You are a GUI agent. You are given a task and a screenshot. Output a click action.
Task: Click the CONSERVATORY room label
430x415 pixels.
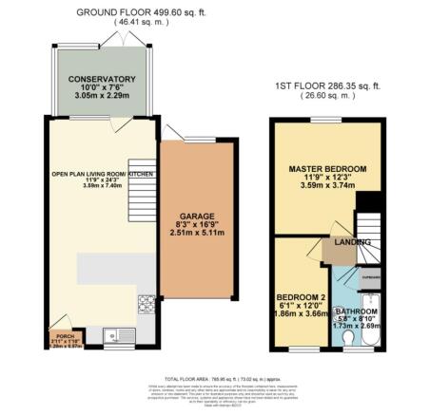[x=95, y=79]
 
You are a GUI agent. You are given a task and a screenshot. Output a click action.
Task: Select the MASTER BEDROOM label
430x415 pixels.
[x=327, y=169]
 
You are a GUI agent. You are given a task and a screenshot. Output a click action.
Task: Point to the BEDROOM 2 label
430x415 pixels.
[x=297, y=296]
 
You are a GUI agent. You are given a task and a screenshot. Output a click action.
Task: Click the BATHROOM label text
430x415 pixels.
[x=354, y=311]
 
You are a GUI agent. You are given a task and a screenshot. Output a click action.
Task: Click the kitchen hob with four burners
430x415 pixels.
[x=147, y=305]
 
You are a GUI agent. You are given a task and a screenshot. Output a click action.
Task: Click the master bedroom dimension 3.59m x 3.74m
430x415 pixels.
[x=327, y=187]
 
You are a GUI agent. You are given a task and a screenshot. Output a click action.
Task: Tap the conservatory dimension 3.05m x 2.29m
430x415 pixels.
[x=95, y=97]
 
